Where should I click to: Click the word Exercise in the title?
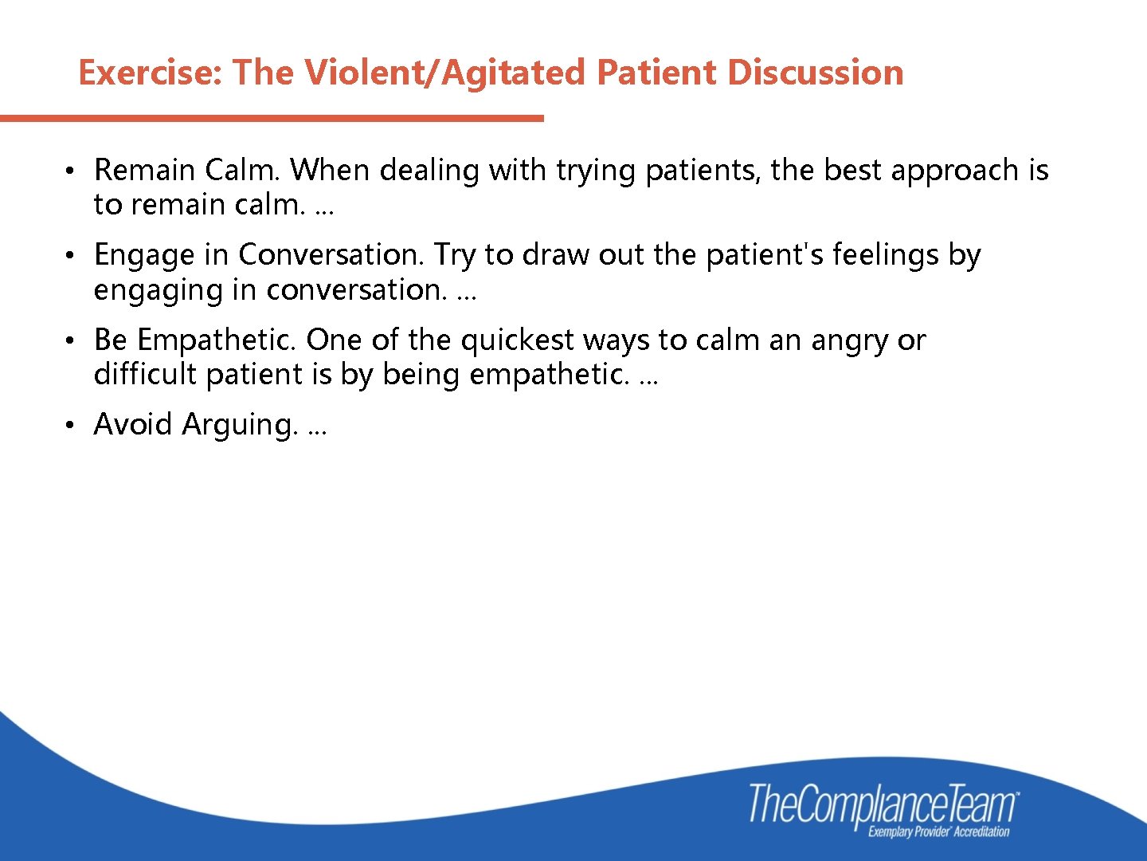149,73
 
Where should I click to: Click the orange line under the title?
271,119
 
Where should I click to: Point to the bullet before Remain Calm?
70,171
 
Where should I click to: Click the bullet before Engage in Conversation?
70,256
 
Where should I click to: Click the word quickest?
517,340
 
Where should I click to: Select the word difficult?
144,374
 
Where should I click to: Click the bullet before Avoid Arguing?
70,426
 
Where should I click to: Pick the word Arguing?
240,425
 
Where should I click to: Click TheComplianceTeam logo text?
883,804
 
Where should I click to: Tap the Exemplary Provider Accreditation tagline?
938,832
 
